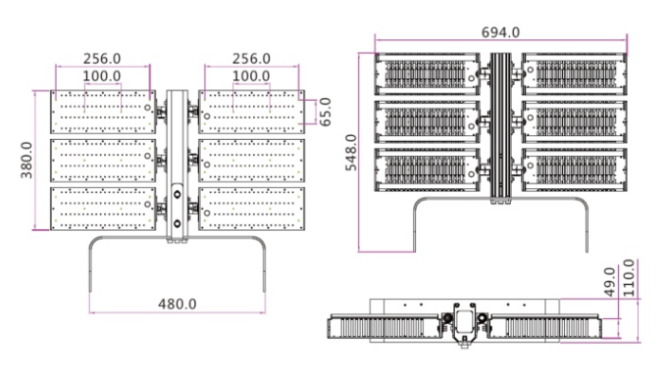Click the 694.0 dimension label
click(x=500, y=32)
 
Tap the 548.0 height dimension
click(x=351, y=153)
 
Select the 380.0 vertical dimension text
click(x=26, y=161)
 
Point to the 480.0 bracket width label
click(x=178, y=304)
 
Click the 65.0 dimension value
click(x=325, y=112)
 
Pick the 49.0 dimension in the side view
click(x=609, y=282)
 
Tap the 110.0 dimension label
click(x=629, y=278)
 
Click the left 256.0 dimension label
click(x=102, y=59)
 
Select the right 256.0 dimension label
click(x=251, y=59)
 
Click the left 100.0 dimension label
click(x=102, y=76)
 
